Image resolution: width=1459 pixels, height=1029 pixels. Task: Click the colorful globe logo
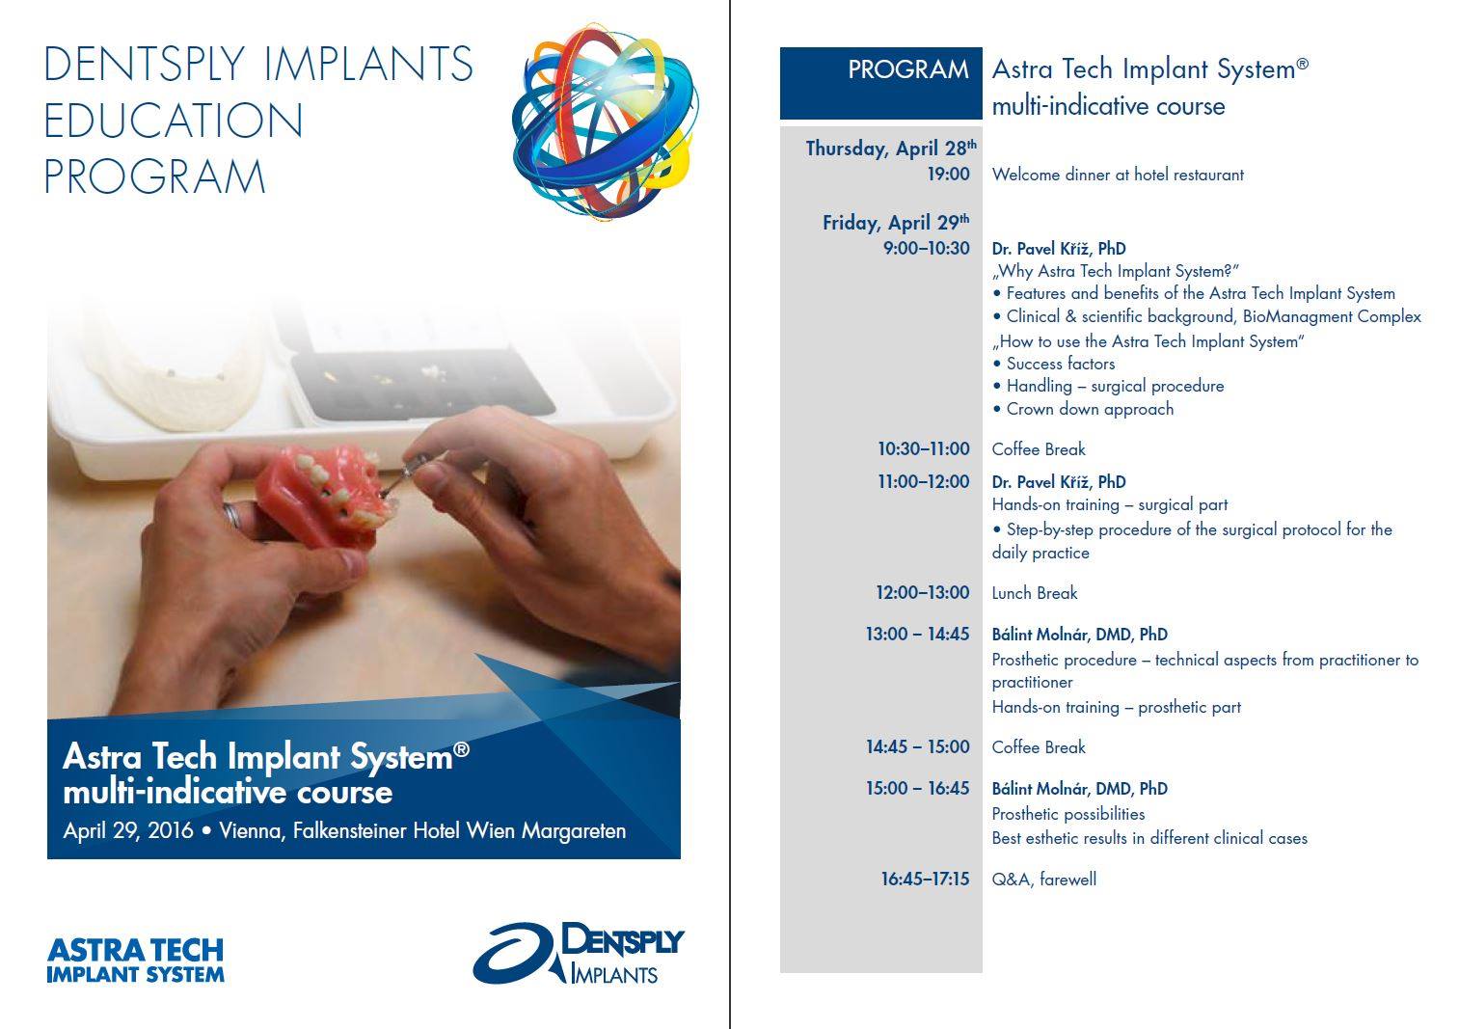(x=605, y=122)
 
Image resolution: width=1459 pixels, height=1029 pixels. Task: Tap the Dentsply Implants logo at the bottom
(x=579, y=952)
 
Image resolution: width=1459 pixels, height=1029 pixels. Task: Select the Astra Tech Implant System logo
(x=135, y=960)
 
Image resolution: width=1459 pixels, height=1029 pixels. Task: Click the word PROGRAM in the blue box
(x=908, y=69)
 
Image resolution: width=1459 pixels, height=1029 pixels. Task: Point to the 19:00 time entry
(x=948, y=174)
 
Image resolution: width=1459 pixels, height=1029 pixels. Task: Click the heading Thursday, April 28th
(x=891, y=148)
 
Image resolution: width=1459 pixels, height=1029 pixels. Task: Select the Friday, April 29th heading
(x=896, y=222)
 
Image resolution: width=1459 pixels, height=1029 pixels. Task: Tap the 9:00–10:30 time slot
(x=926, y=248)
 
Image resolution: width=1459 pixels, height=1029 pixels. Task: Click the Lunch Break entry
(x=1035, y=593)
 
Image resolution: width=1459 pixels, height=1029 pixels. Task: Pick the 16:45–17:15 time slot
(x=925, y=880)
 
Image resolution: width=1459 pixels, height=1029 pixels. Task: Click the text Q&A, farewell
(x=1044, y=880)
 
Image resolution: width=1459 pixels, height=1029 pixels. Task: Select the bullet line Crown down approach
(x=1083, y=409)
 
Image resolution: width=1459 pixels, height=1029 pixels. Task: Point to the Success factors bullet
(x=1054, y=364)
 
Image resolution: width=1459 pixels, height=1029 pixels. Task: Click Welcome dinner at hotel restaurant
(x=1118, y=175)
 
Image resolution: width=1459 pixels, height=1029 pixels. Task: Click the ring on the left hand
(x=232, y=517)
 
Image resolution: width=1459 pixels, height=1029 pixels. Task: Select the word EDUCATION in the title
(x=174, y=121)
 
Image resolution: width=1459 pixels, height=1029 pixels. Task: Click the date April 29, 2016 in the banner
(x=127, y=830)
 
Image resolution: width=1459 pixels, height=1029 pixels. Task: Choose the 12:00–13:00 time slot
(x=922, y=593)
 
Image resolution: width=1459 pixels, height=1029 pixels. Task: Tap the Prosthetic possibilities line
(x=1068, y=814)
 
